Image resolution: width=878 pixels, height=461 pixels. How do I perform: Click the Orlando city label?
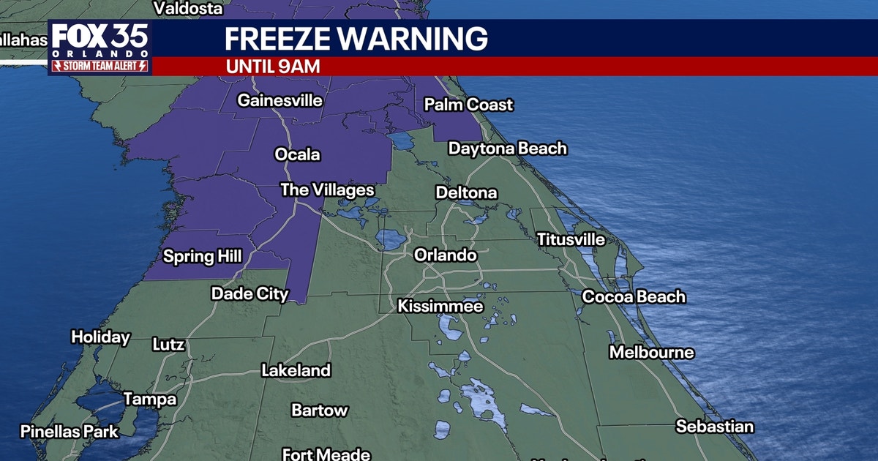[x=445, y=255]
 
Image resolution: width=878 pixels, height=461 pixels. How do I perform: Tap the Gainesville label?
[x=279, y=100]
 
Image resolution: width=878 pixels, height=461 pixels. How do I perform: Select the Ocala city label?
[x=297, y=154]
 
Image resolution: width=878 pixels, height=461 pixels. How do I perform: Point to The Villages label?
[x=327, y=190]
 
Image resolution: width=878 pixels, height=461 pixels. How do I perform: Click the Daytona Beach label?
[x=507, y=149]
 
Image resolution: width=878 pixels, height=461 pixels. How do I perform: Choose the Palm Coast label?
[x=468, y=105]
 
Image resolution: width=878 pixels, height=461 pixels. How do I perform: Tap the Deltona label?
[x=466, y=193]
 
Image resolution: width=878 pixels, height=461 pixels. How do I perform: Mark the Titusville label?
[x=571, y=239]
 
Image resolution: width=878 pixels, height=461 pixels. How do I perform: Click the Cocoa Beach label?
[x=634, y=296]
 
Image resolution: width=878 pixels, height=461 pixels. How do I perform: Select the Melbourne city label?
[x=651, y=352]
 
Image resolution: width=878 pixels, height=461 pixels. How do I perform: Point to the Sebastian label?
[x=714, y=426]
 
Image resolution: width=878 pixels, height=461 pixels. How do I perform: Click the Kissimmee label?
[x=440, y=306]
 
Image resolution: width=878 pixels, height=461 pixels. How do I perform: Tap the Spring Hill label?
[x=202, y=256]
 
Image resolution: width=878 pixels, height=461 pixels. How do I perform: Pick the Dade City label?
[x=249, y=293]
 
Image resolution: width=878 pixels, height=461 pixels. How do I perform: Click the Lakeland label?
[x=296, y=370]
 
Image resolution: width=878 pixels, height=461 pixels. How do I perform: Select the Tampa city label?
[x=149, y=399]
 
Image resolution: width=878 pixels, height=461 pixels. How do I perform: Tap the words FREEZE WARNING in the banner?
[x=356, y=39]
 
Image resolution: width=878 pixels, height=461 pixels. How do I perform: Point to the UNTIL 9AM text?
[x=273, y=66]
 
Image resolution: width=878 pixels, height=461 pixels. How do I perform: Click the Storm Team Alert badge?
[x=100, y=66]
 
